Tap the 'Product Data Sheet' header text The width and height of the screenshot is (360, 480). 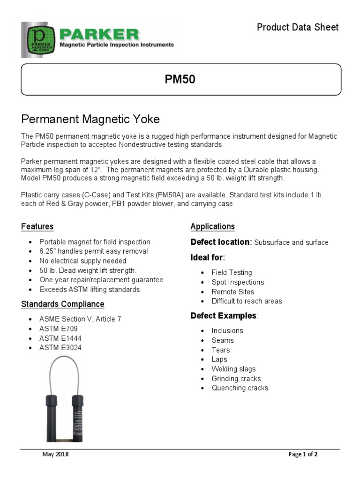pos(297,27)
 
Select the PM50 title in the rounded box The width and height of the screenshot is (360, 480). pos(180,80)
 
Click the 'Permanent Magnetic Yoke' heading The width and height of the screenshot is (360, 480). pos(91,118)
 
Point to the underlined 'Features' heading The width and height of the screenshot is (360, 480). pos(37,227)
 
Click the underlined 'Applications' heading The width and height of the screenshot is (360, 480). pos(212,227)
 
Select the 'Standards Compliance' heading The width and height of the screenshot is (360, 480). pos(62,304)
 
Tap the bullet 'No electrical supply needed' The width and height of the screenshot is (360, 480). pos(82,261)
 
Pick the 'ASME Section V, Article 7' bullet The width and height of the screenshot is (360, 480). pos(80,319)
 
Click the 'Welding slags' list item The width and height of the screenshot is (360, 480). pos(233,369)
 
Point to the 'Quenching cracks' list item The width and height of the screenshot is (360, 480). pos(240,388)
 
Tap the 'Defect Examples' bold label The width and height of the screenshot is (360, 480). pos(223,315)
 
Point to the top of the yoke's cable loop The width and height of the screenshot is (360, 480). pos(64,357)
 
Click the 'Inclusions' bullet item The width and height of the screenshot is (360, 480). pos(227,330)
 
